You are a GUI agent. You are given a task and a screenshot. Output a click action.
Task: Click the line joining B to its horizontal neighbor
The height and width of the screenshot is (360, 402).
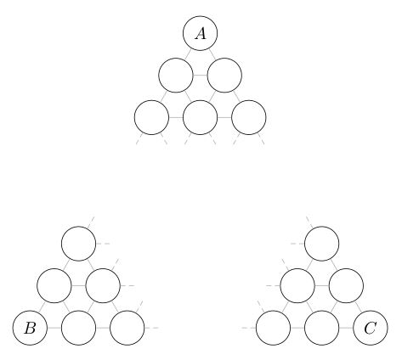click(x=54, y=328)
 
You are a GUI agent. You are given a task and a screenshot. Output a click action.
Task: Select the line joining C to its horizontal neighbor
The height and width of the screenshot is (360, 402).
click(x=346, y=328)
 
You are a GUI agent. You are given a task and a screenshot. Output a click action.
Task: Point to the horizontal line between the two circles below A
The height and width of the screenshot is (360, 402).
click(x=200, y=76)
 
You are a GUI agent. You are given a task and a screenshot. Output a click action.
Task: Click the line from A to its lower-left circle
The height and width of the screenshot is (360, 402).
click(x=188, y=54)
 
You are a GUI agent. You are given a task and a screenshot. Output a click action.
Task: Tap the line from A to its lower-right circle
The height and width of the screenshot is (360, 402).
click(x=212, y=54)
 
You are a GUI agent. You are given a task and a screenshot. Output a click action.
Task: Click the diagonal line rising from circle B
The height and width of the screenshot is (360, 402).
click(x=42, y=307)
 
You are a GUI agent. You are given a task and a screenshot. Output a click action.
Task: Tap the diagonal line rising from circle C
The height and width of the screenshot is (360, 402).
click(x=358, y=307)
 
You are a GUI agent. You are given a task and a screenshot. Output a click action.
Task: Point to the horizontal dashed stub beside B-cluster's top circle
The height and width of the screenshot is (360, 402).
click(x=103, y=244)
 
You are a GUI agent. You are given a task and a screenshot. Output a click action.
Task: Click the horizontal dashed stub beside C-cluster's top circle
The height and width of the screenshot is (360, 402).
click(x=297, y=244)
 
